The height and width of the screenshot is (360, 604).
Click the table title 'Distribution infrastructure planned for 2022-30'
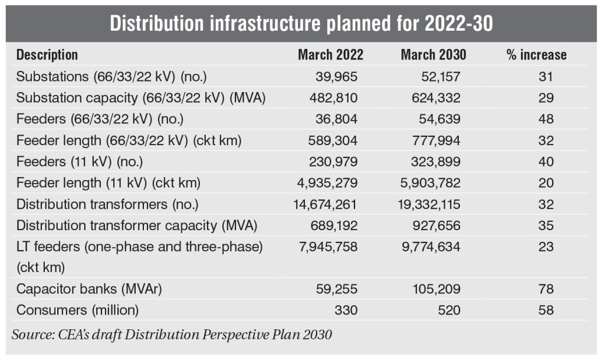(301, 24)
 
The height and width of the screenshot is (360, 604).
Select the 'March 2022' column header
(330, 55)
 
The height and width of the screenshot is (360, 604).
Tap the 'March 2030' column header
(434, 55)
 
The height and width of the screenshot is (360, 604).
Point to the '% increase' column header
(537, 55)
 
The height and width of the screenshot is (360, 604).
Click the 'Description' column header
(47, 55)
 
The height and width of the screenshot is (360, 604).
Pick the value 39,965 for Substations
(336, 77)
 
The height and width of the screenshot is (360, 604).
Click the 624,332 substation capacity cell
(436, 98)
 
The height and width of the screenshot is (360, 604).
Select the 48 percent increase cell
(546, 119)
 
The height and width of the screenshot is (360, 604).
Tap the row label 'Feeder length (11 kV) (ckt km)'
(109, 183)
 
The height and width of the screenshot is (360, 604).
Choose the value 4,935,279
(327, 183)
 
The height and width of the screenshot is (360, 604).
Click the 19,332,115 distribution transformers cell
(429, 204)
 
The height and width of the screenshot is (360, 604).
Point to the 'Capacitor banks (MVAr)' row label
(89, 289)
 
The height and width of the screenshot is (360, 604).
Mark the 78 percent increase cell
(546, 289)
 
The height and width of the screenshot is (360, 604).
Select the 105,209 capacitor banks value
(436, 289)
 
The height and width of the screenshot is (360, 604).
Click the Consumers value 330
(346, 310)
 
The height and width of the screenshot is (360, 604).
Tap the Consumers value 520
(449, 310)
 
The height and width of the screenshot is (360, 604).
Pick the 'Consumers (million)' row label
(77, 310)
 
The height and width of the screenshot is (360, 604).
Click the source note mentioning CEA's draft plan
(172, 335)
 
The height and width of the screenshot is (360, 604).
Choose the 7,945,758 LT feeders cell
(328, 247)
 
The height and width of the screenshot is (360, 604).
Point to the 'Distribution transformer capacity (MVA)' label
(137, 226)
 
